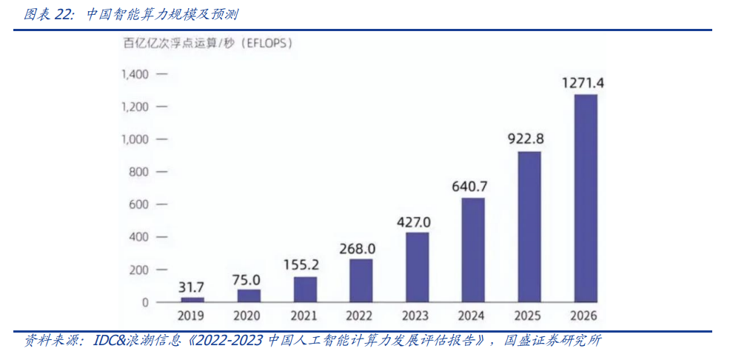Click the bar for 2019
pos(192,299)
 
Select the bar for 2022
pos(361,280)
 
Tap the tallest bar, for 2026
pos(585,198)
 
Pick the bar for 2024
pos(472,250)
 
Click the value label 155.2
pos(304,264)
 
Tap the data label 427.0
pos(416,221)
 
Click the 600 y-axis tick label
pos(138,204)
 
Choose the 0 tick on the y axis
pos(145,302)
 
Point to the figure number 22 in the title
pos(64,15)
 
